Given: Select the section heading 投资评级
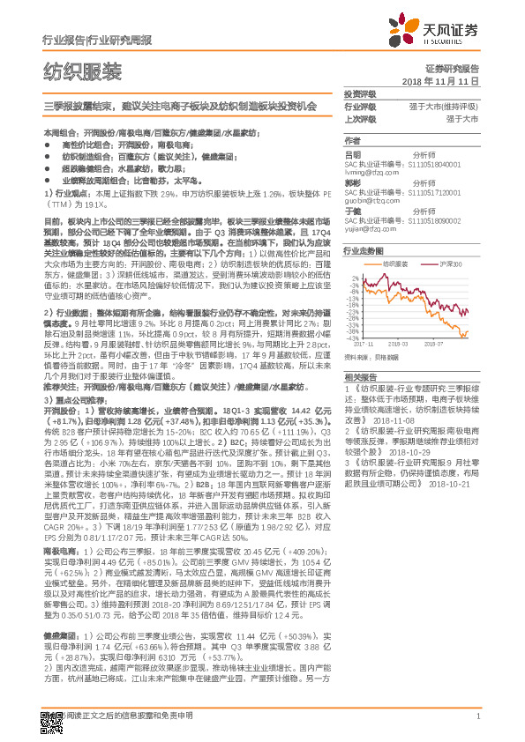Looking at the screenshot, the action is pyautogui.click(x=360, y=93).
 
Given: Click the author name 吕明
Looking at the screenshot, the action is pyautogui.click(x=352, y=153).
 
